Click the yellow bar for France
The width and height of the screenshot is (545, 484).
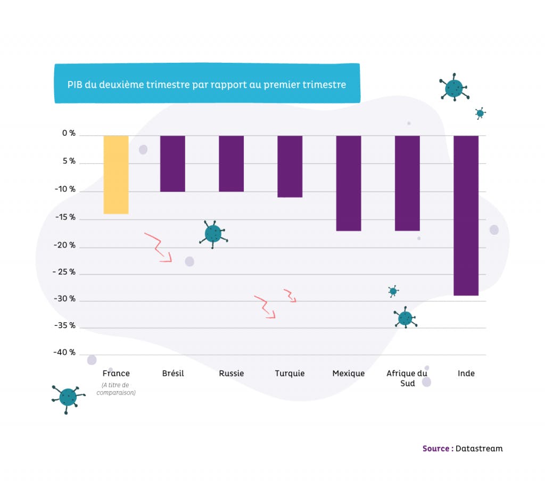pos(115,175)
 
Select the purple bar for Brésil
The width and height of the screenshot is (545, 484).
pos(173,163)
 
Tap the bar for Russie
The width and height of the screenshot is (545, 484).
pos(231,163)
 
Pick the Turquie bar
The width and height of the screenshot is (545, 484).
pos(290,166)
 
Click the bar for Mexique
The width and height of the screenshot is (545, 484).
pos(348,183)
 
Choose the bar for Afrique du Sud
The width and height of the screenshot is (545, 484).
pos(407,183)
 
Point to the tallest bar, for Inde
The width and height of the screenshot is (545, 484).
pos(466,215)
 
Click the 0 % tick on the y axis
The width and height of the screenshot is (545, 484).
pos(68,134)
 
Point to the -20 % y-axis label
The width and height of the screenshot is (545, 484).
pos(65,246)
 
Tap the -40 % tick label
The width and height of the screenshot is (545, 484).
pos(64,352)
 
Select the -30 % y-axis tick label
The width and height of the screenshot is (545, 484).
pos(65,299)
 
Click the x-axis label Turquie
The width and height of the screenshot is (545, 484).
pos(290,373)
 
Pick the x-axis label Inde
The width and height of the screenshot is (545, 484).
pos(466,373)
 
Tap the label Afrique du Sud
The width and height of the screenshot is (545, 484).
pos(407,378)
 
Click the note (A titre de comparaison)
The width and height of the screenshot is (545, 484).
pos(116,389)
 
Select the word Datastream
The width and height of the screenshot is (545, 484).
pos(479,448)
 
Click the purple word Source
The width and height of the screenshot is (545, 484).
pos(436,448)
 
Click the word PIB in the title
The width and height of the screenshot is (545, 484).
pos(75,85)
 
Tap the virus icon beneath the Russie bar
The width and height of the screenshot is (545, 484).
pos(213,233)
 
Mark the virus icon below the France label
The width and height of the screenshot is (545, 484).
pos(68,397)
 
